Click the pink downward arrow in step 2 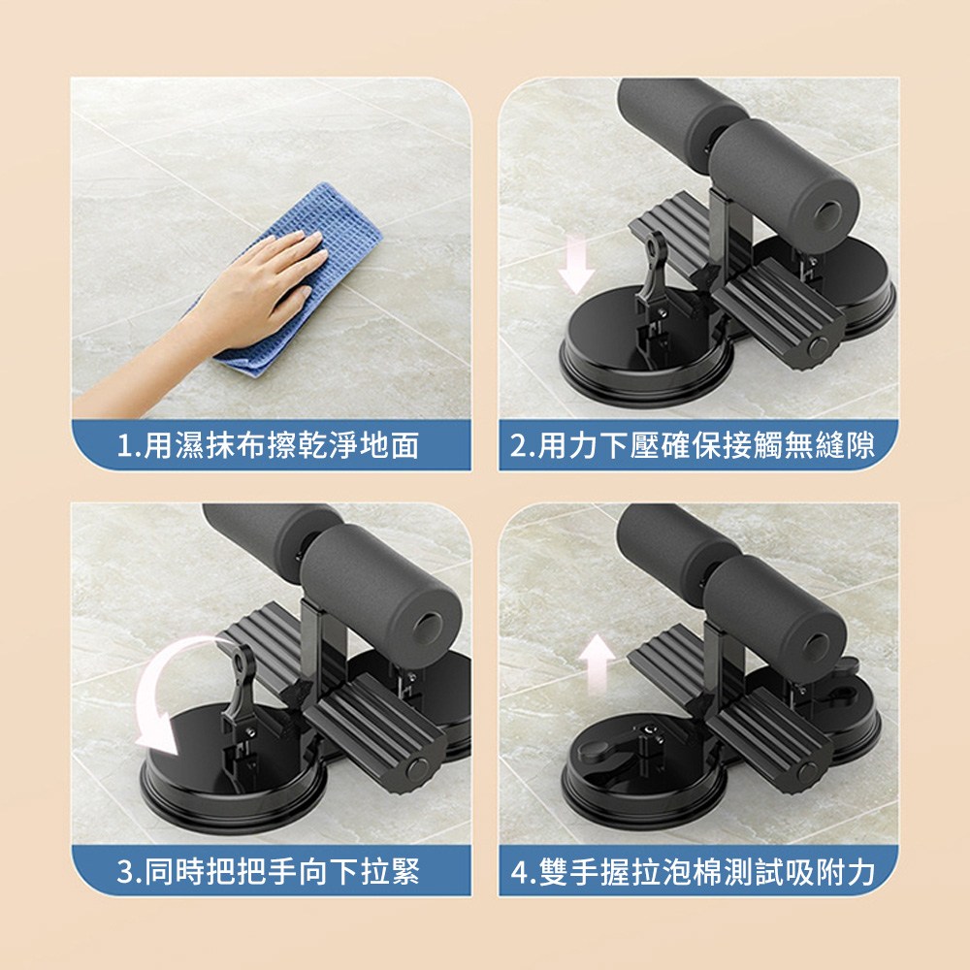pos(576,265)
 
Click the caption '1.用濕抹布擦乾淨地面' pos(269,445)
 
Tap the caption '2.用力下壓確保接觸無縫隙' pos(693,445)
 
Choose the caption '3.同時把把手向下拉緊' pos(269,871)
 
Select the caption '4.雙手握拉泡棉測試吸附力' pos(693,871)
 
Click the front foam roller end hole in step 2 pos(825,213)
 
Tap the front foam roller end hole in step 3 pos(428,629)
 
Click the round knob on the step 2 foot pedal pos(821,344)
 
